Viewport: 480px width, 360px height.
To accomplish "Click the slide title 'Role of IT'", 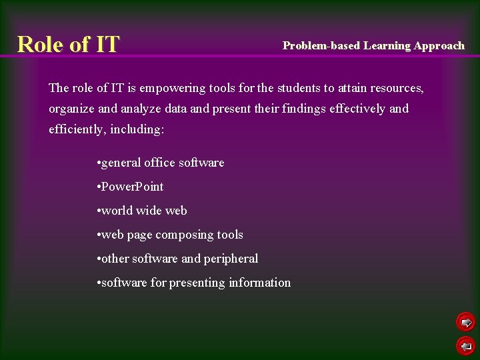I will point(68,44).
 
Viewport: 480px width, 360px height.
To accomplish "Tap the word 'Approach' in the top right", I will point(439,45).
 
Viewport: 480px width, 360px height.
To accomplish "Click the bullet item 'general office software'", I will point(161,163).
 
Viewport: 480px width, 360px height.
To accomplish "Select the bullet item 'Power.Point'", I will point(131,187).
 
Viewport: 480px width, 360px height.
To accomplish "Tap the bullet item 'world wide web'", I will point(142,211).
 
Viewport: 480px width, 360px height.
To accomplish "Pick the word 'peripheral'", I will point(231,259).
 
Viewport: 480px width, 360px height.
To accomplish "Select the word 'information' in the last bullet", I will point(259,283).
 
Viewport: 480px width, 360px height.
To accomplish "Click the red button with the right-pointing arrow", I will point(465,323).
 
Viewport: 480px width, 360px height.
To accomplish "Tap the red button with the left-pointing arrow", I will point(465,345).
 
